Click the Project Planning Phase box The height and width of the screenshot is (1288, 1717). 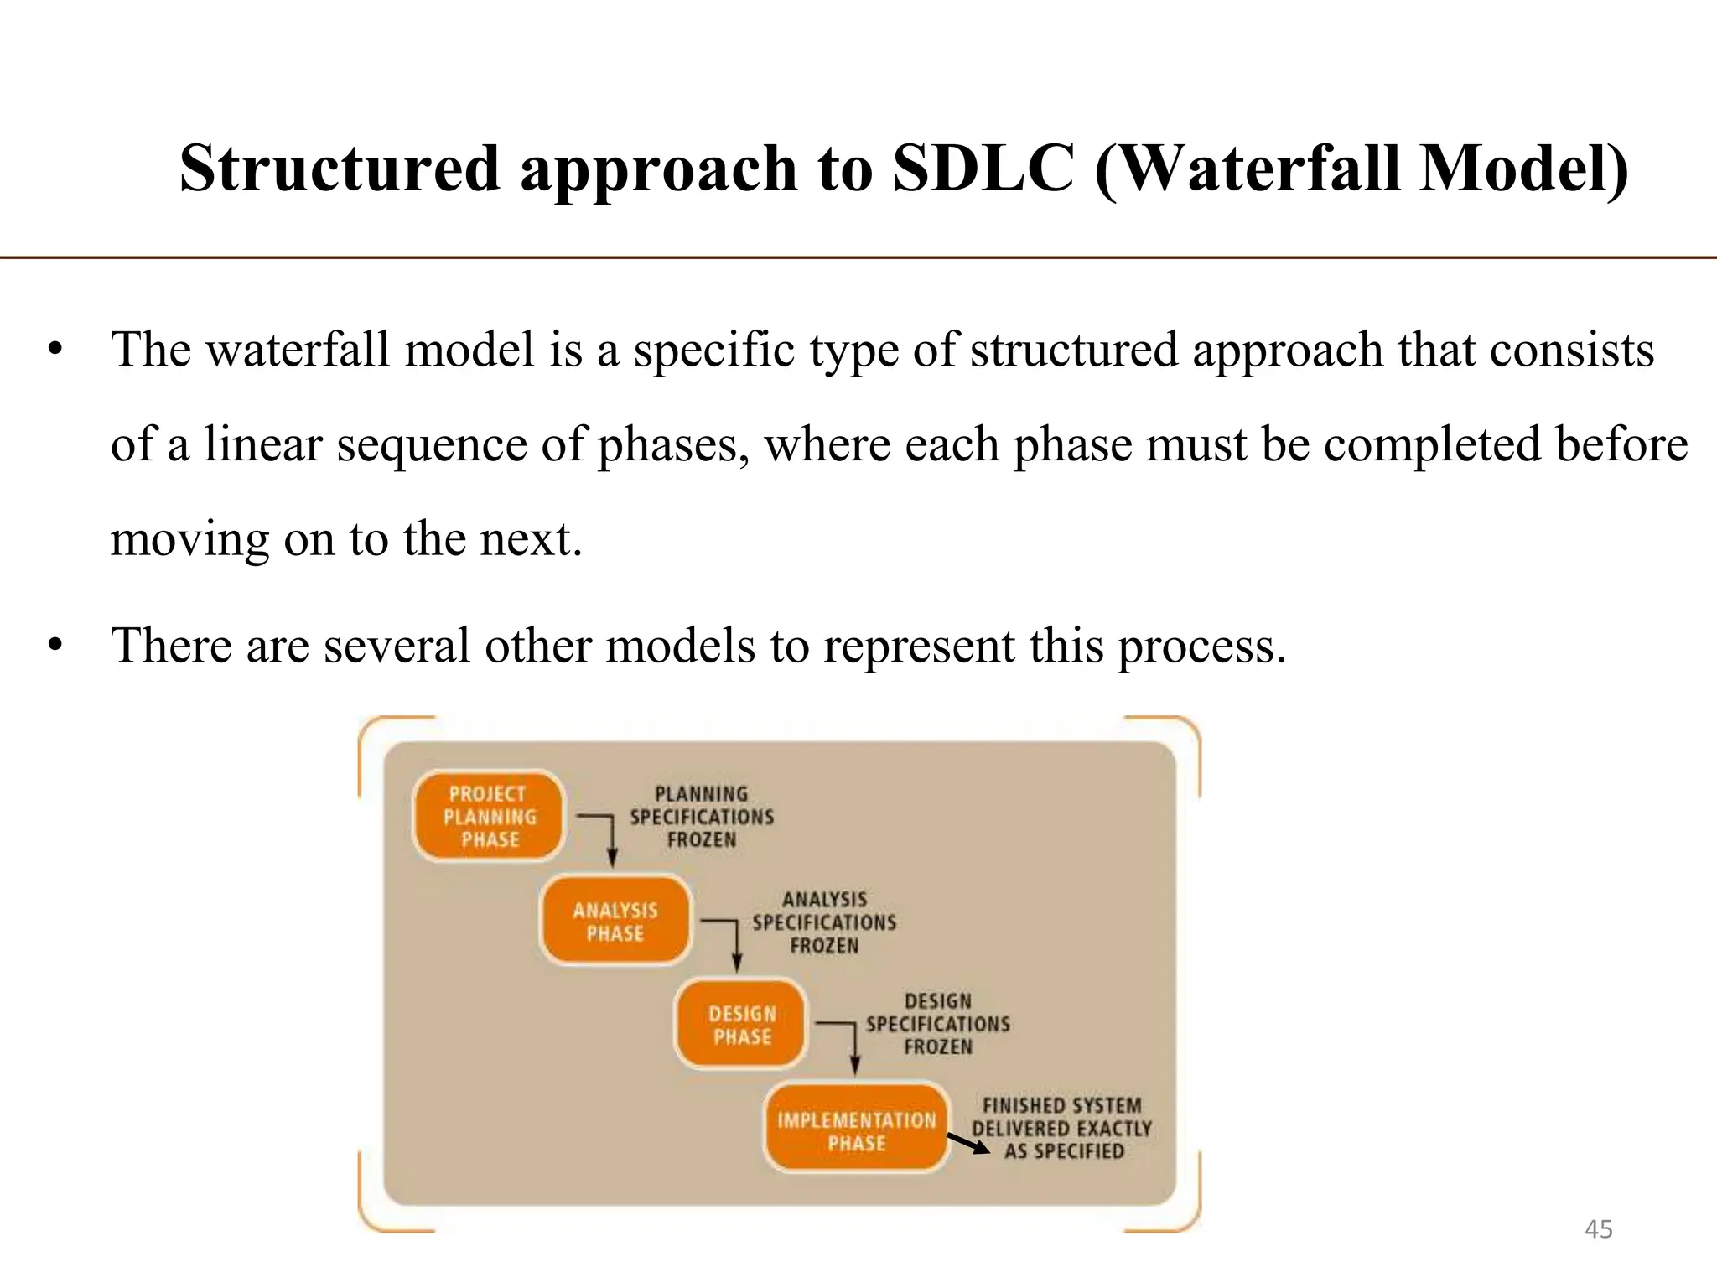click(x=489, y=816)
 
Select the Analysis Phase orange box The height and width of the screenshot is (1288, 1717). click(x=615, y=922)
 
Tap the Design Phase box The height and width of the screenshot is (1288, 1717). click(x=741, y=1025)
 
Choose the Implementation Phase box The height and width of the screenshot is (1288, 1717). click(x=856, y=1130)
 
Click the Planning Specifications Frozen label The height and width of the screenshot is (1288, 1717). click(x=702, y=816)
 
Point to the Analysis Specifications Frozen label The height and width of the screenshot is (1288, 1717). click(x=824, y=922)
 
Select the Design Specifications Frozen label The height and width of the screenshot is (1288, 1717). click(x=937, y=1024)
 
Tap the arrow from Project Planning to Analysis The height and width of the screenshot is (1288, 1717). click(x=611, y=839)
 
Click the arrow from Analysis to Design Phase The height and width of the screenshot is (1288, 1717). click(x=736, y=944)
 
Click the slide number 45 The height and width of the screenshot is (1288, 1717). click(x=1598, y=1229)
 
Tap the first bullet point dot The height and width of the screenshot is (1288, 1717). click(x=55, y=350)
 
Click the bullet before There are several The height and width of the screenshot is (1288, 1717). click(x=55, y=646)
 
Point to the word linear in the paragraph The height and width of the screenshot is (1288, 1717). click(x=263, y=444)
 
